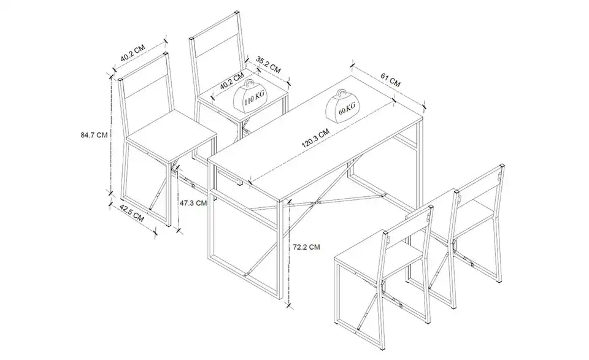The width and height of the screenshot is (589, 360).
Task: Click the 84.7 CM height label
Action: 94,135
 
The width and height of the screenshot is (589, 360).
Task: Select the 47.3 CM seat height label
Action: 193,203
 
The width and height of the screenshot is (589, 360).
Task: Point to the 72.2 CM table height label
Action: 307,247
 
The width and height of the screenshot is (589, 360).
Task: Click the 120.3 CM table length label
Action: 315,138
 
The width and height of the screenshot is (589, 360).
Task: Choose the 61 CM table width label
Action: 390,80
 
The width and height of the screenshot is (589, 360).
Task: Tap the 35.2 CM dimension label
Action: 268,64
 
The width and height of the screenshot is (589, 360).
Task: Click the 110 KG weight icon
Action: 250,97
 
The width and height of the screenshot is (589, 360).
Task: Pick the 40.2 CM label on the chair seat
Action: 232,82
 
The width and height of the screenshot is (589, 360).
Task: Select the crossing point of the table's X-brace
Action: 317,203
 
